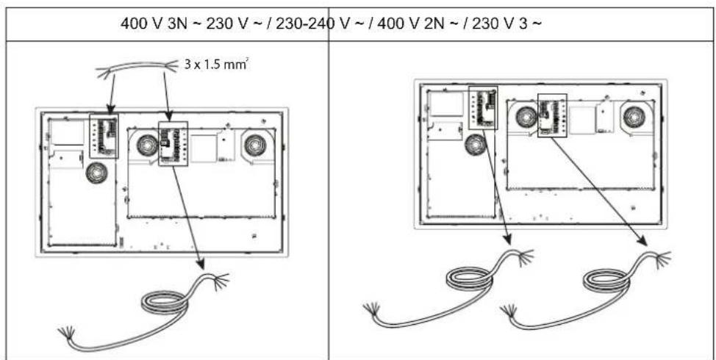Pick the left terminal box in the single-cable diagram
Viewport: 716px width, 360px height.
tap(104, 134)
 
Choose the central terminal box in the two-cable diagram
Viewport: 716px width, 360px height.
tap(552, 115)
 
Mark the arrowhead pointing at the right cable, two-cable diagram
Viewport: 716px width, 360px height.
tap(644, 241)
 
